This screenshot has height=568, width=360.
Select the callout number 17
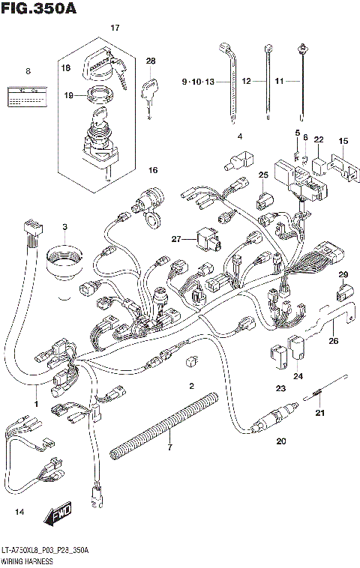pos(115,28)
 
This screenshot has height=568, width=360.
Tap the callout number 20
pos(281,441)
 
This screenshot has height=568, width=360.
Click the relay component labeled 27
pos(205,239)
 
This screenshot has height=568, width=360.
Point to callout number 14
pos(19,512)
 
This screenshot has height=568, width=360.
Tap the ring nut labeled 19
pos(97,96)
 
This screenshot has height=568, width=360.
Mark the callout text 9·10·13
pos(199,80)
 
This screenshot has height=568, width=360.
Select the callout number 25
pos(263,175)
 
